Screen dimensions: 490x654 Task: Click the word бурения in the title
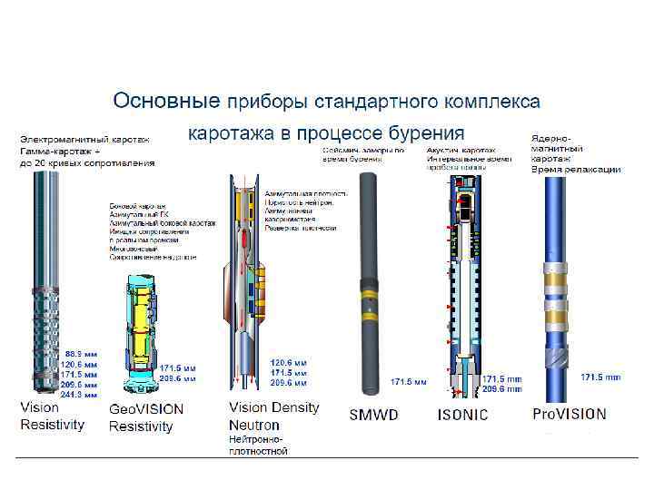[x=426, y=133]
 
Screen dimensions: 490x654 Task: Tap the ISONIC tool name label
[x=462, y=415]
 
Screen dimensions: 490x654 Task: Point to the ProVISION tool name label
[x=569, y=414]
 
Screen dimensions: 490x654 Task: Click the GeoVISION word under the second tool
[x=146, y=409]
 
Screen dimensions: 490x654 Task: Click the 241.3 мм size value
[x=79, y=395]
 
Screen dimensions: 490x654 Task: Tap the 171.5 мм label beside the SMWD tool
[x=408, y=382]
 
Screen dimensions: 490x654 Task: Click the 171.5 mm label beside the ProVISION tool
[x=600, y=377]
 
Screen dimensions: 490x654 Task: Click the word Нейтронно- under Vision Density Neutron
[x=258, y=439]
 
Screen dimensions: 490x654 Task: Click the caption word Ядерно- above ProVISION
[x=550, y=138]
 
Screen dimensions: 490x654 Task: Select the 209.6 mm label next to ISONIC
[x=502, y=388]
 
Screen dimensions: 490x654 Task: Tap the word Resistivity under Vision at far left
[x=52, y=424]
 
